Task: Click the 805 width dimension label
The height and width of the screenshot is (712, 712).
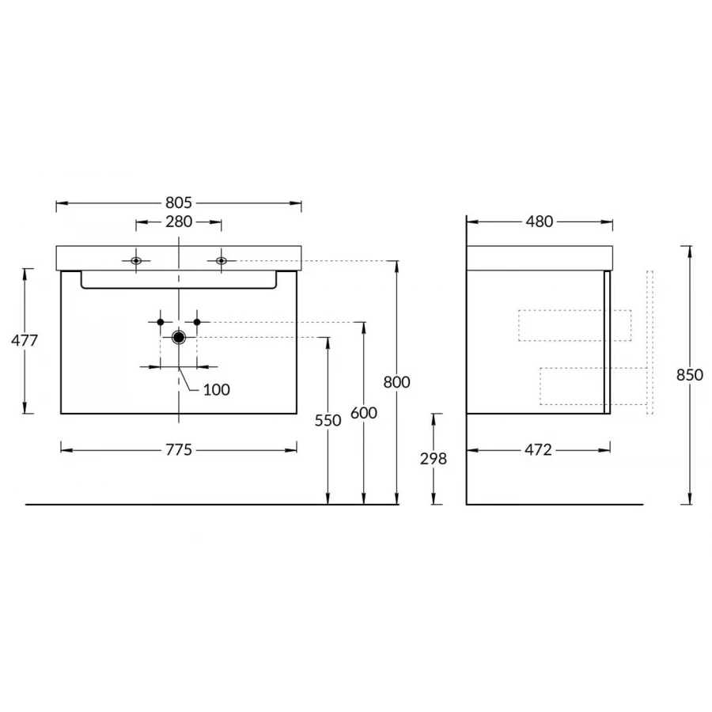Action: (179, 203)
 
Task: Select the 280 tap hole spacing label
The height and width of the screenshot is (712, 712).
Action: (179, 222)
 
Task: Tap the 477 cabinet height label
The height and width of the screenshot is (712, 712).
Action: (25, 340)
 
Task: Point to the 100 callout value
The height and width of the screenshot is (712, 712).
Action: (216, 389)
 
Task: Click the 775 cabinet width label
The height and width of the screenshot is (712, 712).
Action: (179, 450)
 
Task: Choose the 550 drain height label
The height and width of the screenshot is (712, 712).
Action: (328, 421)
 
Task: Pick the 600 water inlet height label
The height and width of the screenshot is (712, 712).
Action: (364, 413)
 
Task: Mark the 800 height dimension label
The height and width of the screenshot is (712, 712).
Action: (396, 382)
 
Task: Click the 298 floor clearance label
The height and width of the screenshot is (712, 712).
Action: (434, 459)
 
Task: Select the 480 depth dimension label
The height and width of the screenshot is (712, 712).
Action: (540, 222)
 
